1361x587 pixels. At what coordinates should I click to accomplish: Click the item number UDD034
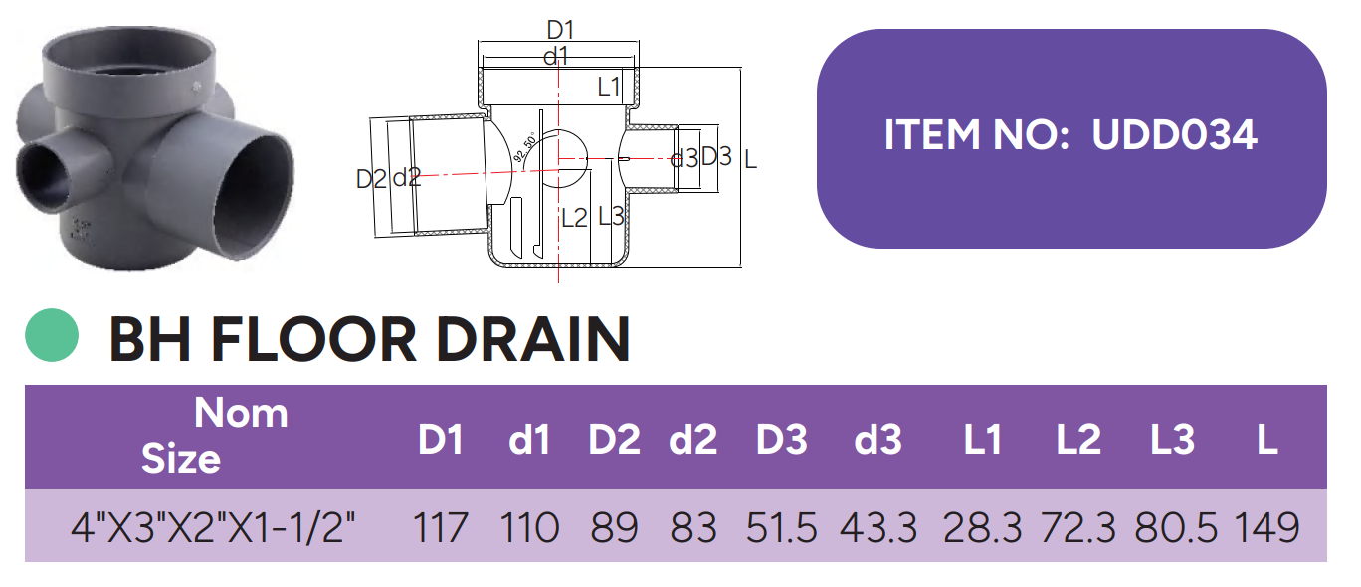[1174, 136]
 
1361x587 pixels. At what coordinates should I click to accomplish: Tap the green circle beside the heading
[52, 336]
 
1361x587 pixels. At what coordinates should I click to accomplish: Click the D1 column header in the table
[441, 440]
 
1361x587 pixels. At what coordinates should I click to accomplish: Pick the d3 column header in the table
[877, 440]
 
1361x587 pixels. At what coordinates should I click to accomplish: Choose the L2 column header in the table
[1078, 440]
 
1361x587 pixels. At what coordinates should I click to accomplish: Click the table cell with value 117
[441, 527]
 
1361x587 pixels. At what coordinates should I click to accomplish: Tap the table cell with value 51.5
[782, 527]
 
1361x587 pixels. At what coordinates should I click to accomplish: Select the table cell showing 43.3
[877, 527]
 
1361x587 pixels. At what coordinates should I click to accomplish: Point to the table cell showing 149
[1266, 527]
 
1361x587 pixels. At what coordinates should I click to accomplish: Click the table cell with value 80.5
[1174, 527]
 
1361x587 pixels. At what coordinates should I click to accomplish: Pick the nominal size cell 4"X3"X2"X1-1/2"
[214, 527]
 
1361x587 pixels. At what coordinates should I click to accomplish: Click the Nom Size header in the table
[212, 436]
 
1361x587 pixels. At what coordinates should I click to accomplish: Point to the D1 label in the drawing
[561, 31]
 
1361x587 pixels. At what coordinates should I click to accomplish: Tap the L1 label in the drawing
[609, 88]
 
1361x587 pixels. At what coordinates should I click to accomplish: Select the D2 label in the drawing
[370, 179]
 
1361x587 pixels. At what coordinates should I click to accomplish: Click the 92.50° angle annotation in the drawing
[525, 147]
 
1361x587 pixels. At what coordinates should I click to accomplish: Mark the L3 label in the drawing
[611, 216]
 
